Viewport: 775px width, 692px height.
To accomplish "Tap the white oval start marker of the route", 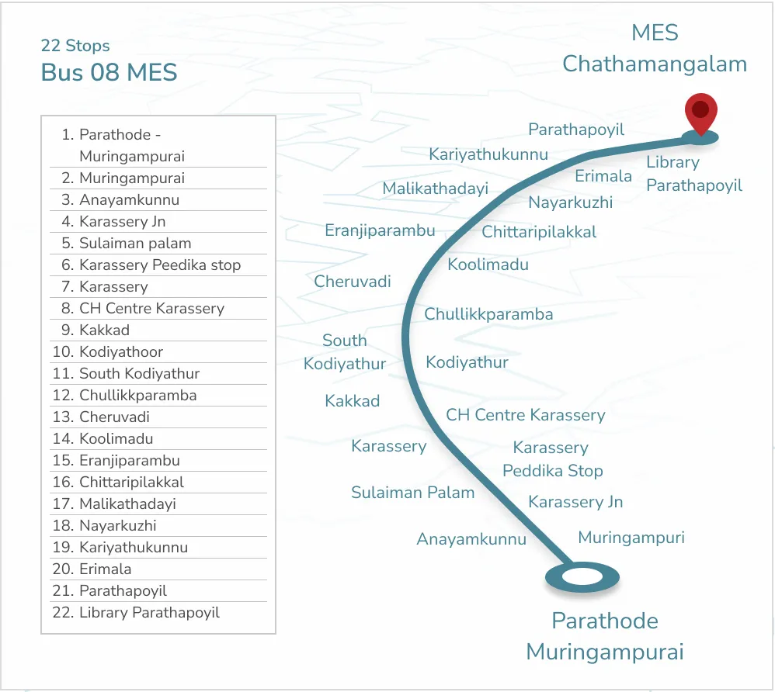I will [x=582, y=577].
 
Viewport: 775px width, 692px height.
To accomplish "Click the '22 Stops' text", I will [x=75, y=46].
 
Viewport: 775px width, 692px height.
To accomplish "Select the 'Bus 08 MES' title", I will [x=109, y=73].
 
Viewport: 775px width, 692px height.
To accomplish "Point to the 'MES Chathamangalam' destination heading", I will [x=655, y=48].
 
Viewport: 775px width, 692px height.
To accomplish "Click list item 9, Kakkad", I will [x=104, y=330].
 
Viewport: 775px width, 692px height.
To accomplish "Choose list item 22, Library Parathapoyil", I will [x=149, y=612].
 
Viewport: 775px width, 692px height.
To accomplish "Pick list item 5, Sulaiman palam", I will [x=134, y=243].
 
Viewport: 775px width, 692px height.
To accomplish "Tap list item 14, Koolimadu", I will [x=116, y=438].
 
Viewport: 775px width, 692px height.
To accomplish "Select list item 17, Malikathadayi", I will [x=127, y=503].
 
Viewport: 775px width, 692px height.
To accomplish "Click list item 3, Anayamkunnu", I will [x=129, y=199].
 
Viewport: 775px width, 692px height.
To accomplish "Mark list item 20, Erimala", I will [x=105, y=569].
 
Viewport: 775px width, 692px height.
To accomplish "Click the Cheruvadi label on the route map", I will [x=353, y=282].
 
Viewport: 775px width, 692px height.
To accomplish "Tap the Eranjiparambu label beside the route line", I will [x=380, y=230].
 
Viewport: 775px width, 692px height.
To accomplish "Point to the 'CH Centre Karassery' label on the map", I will [x=525, y=415].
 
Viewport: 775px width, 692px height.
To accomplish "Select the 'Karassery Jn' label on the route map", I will [x=575, y=502].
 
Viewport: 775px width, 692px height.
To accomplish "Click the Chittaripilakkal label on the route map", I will [x=539, y=232].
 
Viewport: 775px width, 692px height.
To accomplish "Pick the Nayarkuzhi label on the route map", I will [x=571, y=203].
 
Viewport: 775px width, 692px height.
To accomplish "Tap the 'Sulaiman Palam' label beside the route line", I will [x=412, y=493].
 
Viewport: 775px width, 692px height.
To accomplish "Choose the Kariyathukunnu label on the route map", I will [x=488, y=154].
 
